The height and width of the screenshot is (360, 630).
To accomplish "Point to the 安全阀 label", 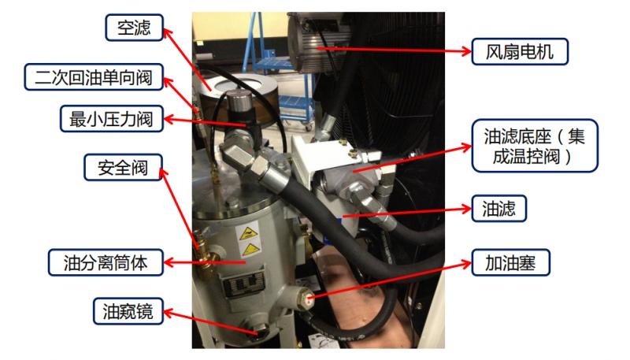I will click(x=125, y=167).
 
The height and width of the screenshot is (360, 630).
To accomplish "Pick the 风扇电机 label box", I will click(x=519, y=53).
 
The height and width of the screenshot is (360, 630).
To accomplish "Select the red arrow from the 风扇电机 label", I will click(x=394, y=50).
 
